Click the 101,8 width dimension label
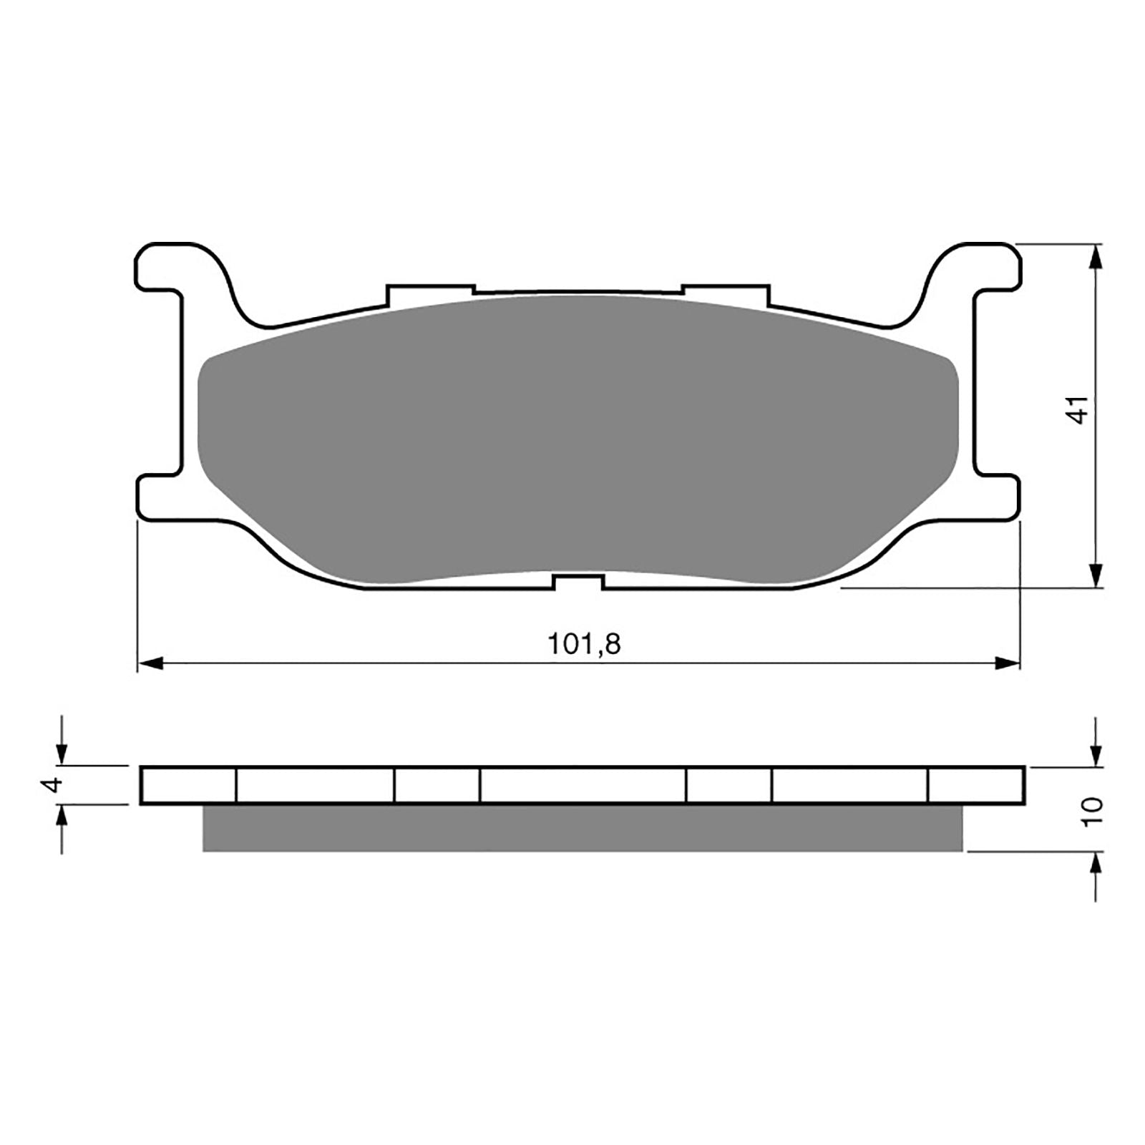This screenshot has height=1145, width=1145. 585,645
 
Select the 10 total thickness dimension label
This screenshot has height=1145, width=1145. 1093,812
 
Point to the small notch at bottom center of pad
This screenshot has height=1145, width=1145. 579,581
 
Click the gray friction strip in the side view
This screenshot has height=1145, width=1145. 583,828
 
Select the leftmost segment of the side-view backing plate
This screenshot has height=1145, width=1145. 189,786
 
